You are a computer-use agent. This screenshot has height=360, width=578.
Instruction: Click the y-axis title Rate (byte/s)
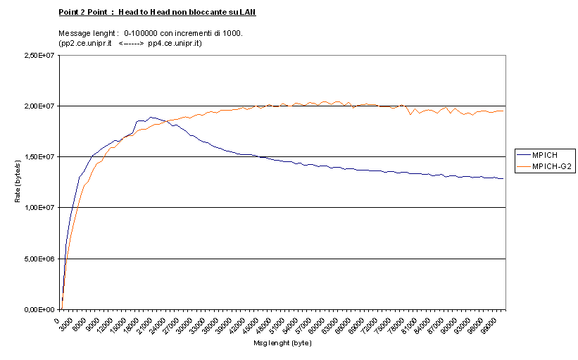pos(18,182)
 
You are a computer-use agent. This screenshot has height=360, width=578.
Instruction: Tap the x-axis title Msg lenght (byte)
pos(282,344)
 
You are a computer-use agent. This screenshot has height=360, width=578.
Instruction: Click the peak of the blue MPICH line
pos(151,117)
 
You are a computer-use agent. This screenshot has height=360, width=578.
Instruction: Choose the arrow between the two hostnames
pos(132,44)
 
